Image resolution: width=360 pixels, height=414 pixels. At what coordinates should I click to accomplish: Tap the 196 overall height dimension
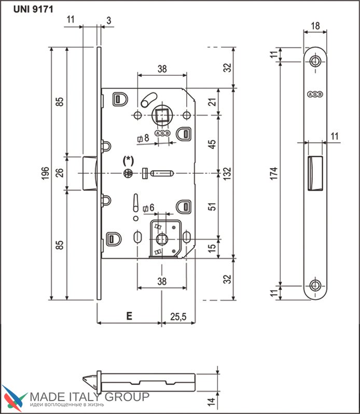coord(45,173)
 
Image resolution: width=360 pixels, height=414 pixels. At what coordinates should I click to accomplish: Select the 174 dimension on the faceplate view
coord(273,173)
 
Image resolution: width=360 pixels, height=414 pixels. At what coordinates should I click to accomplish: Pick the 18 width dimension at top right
coord(314,25)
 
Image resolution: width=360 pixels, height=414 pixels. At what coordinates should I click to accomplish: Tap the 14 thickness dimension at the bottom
coord(211,400)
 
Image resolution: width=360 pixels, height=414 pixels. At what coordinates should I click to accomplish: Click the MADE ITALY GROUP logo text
coord(89,397)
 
